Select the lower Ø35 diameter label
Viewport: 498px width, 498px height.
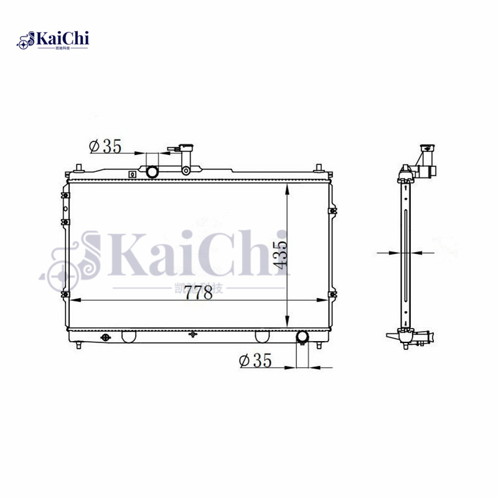[x=255, y=360]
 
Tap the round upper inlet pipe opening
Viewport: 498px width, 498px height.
[x=153, y=171]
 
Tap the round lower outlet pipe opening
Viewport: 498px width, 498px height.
[x=303, y=337]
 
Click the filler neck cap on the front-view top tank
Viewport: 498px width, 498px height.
[x=186, y=149]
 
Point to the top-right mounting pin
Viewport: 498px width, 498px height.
[x=318, y=167]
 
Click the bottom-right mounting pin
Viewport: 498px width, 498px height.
[x=319, y=344]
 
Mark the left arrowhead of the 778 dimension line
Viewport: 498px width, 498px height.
[x=73, y=301]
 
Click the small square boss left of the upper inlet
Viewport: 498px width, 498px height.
[x=131, y=174]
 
